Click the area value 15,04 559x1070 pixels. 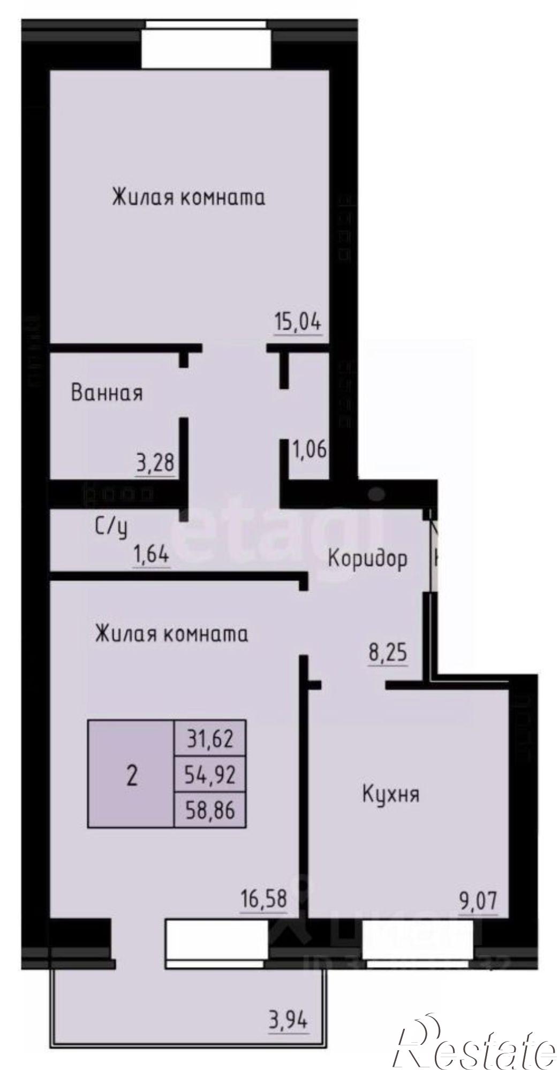click(x=298, y=323)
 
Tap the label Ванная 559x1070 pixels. click(x=107, y=393)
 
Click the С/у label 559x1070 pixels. click(x=112, y=528)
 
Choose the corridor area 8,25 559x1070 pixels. click(x=388, y=653)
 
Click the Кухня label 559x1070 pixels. click(x=391, y=794)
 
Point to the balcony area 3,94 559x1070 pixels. click(x=289, y=1007)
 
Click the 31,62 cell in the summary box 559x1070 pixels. click(x=210, y=739)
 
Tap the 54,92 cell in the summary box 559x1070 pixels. click(x=210, y=774)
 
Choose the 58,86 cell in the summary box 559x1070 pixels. click(x=210, y=811)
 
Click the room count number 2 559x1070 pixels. click(x=131, y=775)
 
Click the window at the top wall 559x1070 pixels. click(x=206, y=44)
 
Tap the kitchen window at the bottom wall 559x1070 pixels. click(x=418, y=939)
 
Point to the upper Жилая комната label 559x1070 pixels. click(x=188, y=197)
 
